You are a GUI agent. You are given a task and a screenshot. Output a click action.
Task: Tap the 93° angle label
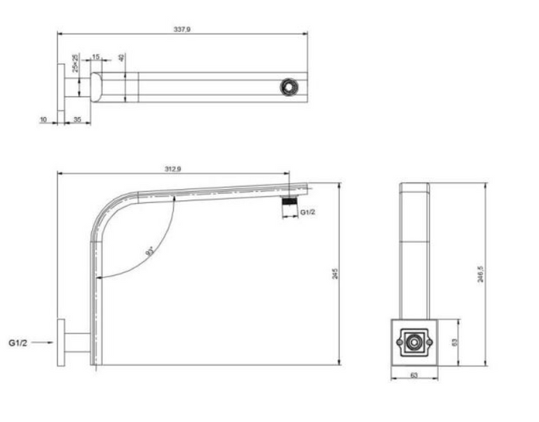(150, 250)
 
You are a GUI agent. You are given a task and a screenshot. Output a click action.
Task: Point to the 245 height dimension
(335, 274)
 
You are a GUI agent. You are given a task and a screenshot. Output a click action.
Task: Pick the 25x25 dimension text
(76, 63)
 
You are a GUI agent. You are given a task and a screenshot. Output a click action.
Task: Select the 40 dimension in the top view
(122, 58)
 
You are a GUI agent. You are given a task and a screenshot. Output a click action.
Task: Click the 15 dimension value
(97, 57)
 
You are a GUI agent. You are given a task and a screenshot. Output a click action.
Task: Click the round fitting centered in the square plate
(413, 343)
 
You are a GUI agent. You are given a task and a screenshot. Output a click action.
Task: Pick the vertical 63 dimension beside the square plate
(454, 343)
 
